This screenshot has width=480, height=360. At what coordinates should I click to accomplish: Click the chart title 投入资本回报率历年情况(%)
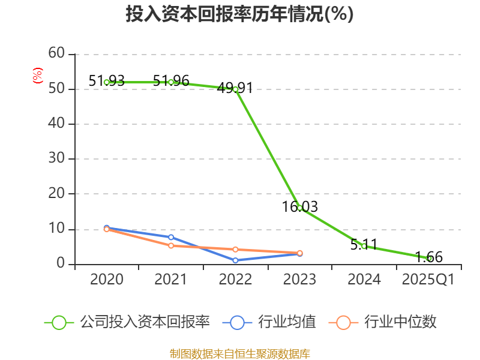coord(239,14)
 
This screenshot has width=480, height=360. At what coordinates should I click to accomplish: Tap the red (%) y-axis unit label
coord(38,76)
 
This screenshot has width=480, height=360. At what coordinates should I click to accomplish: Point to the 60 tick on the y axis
coord(56,53)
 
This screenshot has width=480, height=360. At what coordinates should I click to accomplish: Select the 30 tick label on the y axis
coord(56,159)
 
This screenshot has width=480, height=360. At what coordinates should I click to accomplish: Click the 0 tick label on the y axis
coord(61,264)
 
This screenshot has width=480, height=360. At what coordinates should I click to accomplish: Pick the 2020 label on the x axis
coord(107,280)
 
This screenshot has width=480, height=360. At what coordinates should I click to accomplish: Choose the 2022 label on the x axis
coord(235,280)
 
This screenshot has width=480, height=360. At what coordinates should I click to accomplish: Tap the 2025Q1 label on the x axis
coord(428,280)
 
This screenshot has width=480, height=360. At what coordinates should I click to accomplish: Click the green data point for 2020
coord(107,82)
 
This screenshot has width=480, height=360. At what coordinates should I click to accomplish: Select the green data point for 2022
coord(235,89)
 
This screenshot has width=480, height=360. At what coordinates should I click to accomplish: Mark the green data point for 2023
coord(299,208)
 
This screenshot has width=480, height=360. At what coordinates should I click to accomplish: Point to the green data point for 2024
coord(364,246)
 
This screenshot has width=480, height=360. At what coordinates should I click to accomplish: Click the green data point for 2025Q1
coord(428,258)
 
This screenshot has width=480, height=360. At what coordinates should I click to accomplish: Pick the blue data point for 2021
coord(171,237)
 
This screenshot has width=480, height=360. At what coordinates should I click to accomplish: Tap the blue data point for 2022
coord(235,260)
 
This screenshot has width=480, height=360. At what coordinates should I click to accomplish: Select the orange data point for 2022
coord(235,249)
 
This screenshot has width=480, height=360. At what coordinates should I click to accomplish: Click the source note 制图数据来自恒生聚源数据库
coord(239,353)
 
